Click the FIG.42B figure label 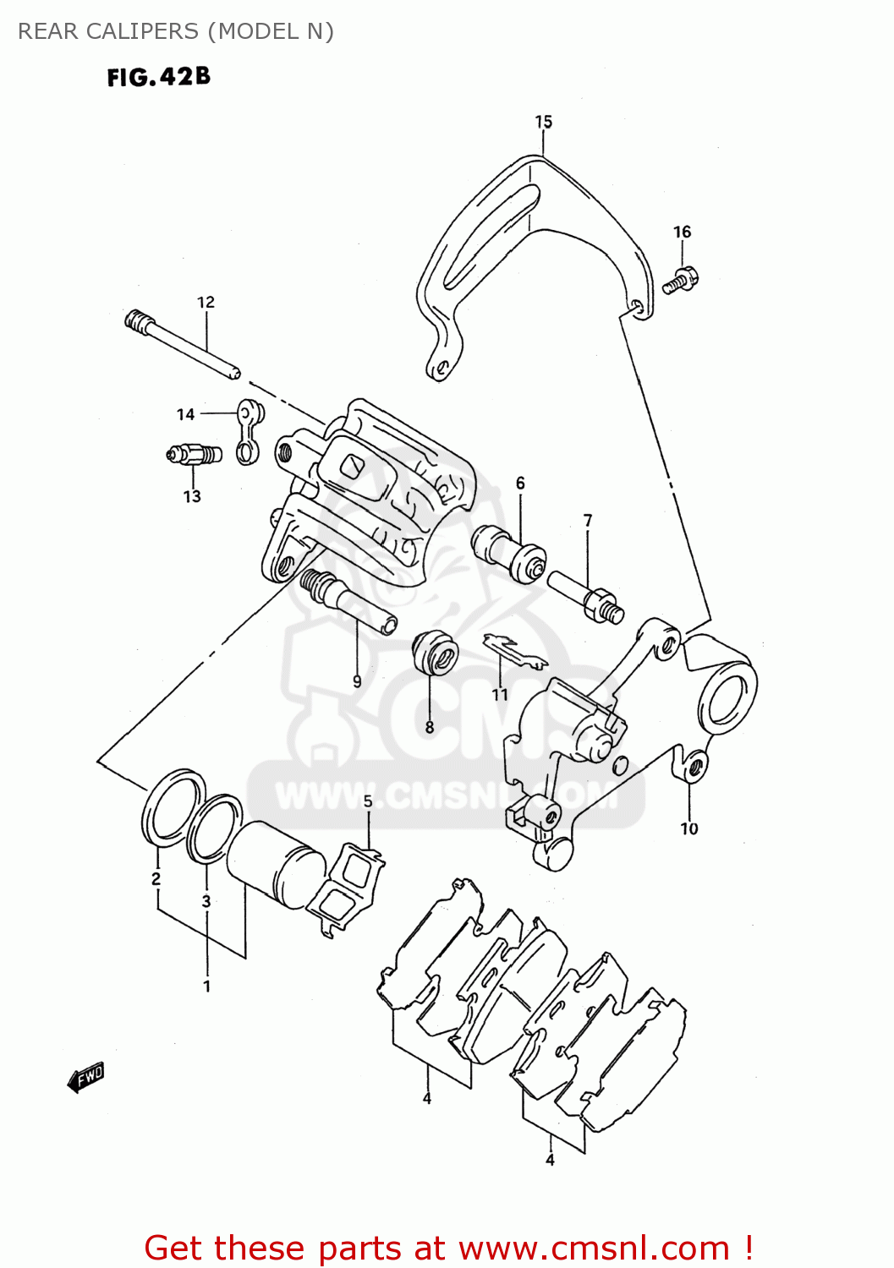[x=158, y=77]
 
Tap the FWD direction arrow [x=85, y=1078]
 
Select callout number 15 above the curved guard [x=543, y=122]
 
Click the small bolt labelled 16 [x=680, y=279]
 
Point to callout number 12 [x=206, y=302]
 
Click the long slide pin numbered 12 [x=182, y=345]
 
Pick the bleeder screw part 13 [x=195, y=455]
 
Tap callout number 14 [x=185, y=414]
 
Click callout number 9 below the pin [x=357, y=681]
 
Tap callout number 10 [x=689, y=829]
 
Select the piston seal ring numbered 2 [x=173, y=808]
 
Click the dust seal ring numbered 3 [x=213, y=828]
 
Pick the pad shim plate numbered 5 [x=345, y=888]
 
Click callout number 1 [x=206, y=986]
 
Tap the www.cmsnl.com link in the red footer [x=595, y=1248]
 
